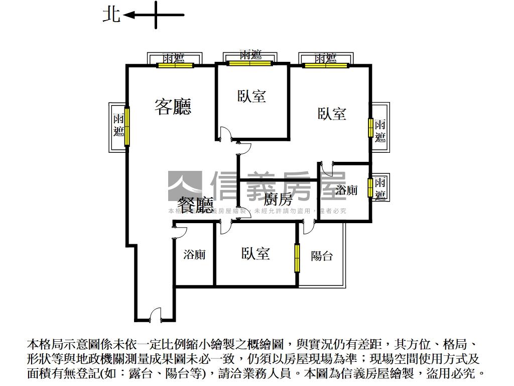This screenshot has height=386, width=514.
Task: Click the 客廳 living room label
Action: pyautogui.click(x=173, y=107)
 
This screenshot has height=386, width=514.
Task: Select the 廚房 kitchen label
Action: pyautogui.click(x=278, y=199)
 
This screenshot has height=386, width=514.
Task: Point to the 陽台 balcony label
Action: pyautogui.click(x=322, y=256)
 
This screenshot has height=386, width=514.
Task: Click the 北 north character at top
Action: pyautogui.click(x=111, y=14)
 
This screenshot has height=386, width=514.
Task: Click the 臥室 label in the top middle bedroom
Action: pyautogui.click(x=251, y=96)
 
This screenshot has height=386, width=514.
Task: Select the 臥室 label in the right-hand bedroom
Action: pyautogui.click(x=332, y=114)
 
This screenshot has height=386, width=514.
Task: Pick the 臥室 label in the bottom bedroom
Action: pyautogui.click(x=255, y=254)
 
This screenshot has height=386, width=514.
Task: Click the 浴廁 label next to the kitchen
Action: pyautogui.click(x=346, y=190)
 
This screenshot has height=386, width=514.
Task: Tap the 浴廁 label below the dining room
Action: pyautogui.click(x=194, y=255)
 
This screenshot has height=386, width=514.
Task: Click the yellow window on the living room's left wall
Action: pyautogui.click(x=127, y=125)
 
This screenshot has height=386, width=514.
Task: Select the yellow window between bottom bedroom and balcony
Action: pyautogui.click(x=297, y=258)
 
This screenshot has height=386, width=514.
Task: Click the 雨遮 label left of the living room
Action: pyautogui.click(x=118, y=126)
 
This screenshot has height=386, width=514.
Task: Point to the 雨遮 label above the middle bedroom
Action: pyautogui.click(x=250, y=54)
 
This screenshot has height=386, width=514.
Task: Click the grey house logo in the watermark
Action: pyautogui.click(x=185, y=186)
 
